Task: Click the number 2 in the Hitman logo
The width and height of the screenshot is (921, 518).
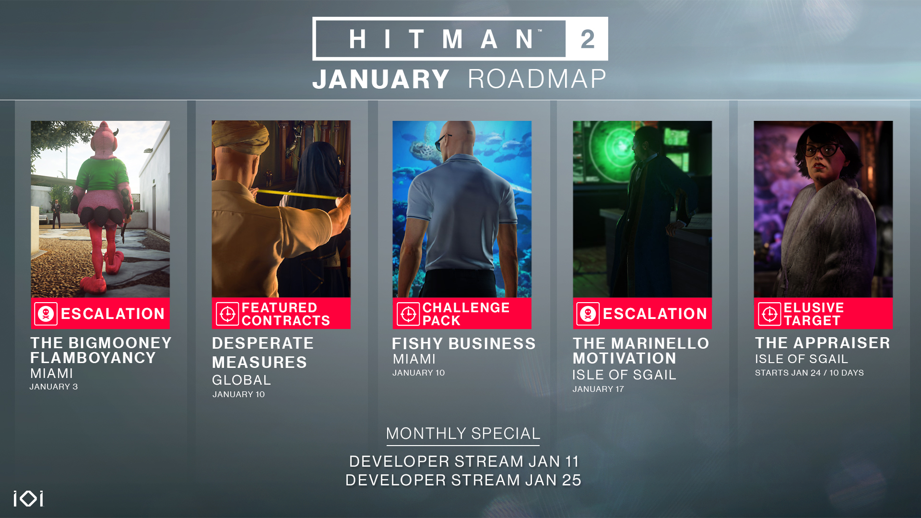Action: coord(588,39)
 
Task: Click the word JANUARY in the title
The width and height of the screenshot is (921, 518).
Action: coord(381,79)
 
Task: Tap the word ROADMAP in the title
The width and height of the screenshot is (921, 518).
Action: coord(537,79)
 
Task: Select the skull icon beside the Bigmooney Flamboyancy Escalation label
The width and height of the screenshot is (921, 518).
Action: coord(46,314)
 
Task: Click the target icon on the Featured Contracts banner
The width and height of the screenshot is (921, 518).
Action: coord(227,314)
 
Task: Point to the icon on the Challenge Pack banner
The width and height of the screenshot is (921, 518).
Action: coord(408,314)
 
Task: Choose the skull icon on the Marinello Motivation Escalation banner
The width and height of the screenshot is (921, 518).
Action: coord(588,314)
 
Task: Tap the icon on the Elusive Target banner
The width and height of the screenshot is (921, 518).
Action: coord(769,314)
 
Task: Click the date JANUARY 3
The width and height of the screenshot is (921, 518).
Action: coord(54,387)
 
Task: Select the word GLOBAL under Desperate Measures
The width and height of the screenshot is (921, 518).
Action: coord(241,380)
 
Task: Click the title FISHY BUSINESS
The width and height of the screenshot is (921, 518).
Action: coord(463,343)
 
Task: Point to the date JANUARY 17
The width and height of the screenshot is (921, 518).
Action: coord(598,389)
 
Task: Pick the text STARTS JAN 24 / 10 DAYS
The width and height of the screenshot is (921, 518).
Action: coord(809,373)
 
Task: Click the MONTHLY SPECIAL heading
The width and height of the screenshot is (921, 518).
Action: coord(463,434)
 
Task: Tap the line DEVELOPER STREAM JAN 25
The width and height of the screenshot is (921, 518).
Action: coord(463,480)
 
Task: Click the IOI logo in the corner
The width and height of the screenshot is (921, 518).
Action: coord(29,498)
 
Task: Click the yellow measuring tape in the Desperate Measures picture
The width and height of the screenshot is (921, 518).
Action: coord(297,194)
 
